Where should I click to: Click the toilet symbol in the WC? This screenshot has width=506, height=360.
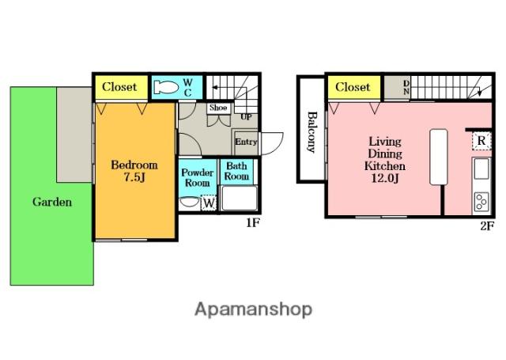pos(166,87)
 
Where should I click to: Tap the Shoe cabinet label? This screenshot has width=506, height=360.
pos(218,108)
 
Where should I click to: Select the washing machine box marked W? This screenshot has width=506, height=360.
pos(209,203)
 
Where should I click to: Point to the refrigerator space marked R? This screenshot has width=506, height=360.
pos(481,141)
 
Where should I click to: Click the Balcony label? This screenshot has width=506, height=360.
pos(312,131)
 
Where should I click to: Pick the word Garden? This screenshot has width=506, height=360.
pos(52,202)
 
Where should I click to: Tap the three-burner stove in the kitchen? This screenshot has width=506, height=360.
pos(481,202)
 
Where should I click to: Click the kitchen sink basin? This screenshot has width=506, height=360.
pos(481,169)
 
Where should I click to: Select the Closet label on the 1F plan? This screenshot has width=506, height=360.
pos(119,87)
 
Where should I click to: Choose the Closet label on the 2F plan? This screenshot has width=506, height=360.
pos(353,87)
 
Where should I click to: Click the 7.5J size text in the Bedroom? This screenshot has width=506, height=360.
pos(134,177)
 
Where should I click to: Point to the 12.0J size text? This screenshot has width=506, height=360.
pos(385,178)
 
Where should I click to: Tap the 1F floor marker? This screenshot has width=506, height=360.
pos(253,223)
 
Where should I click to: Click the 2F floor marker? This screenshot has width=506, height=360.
pos(487,226)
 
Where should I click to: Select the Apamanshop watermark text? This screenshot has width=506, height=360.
pos(253,309)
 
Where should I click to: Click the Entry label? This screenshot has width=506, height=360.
pos(246,142)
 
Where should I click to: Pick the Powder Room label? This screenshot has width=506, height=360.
pos(197,177)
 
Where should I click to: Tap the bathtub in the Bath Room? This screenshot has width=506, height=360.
pos(239,199)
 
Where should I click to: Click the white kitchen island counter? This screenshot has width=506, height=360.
pos(439,157)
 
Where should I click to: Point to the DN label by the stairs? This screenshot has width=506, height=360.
pos(406,88)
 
